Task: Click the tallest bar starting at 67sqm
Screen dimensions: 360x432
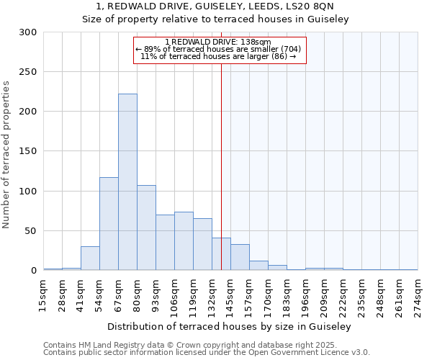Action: (127, 182)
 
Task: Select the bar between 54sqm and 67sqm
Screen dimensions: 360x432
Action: (109, 224)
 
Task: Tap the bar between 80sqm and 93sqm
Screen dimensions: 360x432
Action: (146, 228)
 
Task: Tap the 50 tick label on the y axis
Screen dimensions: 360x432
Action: (30, 231)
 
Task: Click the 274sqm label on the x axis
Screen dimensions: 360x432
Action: (418, 295)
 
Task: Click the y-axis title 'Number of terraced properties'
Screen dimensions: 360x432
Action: (6, 155)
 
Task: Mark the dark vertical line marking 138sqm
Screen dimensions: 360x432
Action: (221, 166)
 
